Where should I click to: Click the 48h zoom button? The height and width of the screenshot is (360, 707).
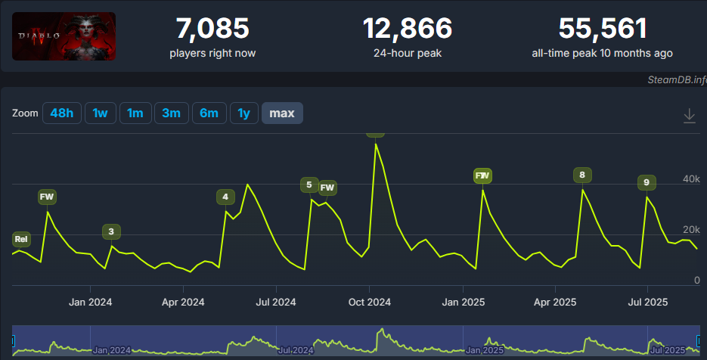tap(61, 113)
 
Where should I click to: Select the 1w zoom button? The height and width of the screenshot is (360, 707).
tap(100, 113)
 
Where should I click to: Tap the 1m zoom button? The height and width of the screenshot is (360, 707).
tap(135, 113)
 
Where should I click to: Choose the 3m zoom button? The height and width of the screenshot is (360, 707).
tap(171, 113)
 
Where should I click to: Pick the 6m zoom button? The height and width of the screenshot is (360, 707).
tap(209, 113)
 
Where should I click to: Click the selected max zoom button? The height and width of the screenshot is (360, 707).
tap(282, 113)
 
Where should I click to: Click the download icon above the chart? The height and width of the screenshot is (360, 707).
tap(689, 116)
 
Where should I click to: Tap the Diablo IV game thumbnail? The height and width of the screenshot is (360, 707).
tap(64, 36)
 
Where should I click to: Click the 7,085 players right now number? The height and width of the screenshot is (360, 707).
tap(212, 29)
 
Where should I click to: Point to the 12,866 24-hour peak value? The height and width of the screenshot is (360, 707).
tap(408, 29)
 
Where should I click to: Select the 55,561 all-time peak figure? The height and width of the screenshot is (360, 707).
tap(603, 29)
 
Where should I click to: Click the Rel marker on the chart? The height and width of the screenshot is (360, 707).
tap(21, 240)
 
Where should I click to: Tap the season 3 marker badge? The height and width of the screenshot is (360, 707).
tap(111, 231)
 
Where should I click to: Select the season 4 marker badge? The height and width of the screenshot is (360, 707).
tap(225, 197)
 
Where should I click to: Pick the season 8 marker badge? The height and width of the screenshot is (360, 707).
tap(581, 175)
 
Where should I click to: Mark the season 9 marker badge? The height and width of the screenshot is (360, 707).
tap(646, 182)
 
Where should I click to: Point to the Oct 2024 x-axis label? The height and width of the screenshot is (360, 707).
tap(369, 302)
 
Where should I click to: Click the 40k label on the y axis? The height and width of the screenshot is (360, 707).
tap(691, 179)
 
